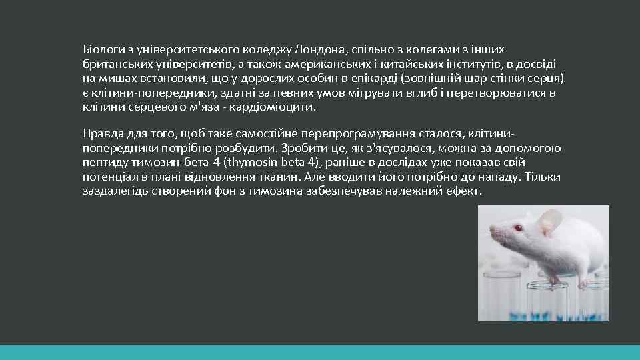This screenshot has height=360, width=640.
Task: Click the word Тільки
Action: point(543,177)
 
